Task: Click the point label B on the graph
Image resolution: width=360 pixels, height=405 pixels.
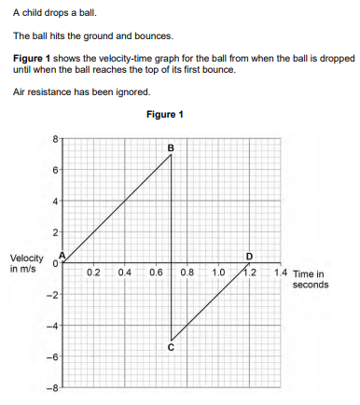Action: click(x=171, y=147)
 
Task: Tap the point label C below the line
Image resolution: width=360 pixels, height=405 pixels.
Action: click(x=171, y=348)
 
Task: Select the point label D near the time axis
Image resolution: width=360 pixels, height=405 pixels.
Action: click(x=249, y=255)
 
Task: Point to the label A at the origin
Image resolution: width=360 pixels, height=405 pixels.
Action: click(x=62, y=256)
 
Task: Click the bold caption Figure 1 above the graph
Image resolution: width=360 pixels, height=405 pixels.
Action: click(x=165, y=115)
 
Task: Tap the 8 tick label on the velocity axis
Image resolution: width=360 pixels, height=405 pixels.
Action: click(x=55, y=139)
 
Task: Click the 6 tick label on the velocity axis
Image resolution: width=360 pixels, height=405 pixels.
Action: click(x=55, y=170)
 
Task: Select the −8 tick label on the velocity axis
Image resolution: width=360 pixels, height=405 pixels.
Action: click(x=53, y=387)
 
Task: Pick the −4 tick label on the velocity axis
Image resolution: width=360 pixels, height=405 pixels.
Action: click(x=53, y=326)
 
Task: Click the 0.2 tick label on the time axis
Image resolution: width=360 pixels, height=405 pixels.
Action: click(x=93, y=272)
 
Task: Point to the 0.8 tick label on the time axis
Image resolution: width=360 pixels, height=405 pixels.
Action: click(x=187, y=272)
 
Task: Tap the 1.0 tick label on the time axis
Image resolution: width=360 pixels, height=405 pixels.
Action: click(x=217, y=272)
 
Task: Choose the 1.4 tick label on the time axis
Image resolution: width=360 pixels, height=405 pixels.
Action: click(x=281, y=272)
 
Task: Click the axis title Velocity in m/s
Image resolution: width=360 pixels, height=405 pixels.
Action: click(x=25, y=264)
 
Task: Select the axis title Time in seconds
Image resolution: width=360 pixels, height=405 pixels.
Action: click(x=310, y=279)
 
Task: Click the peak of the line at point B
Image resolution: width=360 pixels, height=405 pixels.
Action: click(x=172, y=155)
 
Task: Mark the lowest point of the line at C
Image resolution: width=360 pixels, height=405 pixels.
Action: click(x=172, y=341)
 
